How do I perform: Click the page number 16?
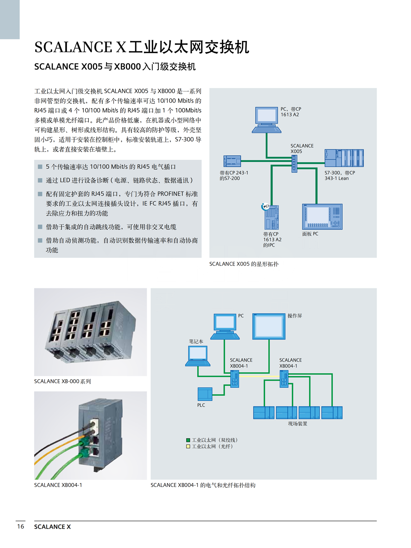coord(20,526)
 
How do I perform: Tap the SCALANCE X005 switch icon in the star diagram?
coord(294,164)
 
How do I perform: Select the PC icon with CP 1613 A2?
coord(267,120)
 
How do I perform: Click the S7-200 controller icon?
coord(232,161)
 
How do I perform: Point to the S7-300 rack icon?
coord(344,158)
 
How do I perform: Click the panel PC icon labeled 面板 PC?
coord(322,217)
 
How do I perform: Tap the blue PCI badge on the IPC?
coord(265,206)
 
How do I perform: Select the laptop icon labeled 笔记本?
coord(198,356)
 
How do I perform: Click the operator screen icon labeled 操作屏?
coord(269,327)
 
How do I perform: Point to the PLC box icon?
coord(205,394)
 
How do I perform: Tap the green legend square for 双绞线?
coord(188,440)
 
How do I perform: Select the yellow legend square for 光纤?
coord(188,446)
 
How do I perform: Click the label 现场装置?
coord(297,424)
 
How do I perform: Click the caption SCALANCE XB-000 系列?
coord(62,381)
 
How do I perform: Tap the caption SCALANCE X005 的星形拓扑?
coord(244,264)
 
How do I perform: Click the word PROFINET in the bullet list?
coord(171,194)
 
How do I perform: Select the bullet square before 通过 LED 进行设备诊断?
coord(40,180)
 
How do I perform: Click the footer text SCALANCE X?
coord(52,526)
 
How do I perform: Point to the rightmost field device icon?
coord(332,413)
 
